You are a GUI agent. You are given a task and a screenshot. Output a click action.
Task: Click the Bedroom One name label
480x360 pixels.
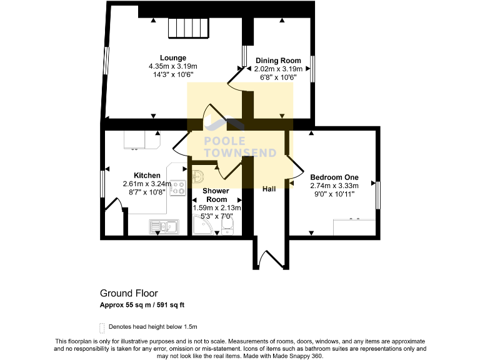click(334, 177)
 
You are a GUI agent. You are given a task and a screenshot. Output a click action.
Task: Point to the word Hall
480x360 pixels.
click(269, 189)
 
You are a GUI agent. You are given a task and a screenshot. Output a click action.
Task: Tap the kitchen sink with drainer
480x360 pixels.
click(164, 226)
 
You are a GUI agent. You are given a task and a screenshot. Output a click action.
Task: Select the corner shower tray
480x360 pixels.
click(204, 226)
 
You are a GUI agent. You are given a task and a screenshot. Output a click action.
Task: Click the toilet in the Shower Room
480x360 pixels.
click(228, 227)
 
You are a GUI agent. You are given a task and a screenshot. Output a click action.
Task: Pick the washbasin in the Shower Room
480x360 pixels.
click(199, 174)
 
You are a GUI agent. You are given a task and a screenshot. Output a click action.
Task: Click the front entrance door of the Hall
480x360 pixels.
click(270, 258)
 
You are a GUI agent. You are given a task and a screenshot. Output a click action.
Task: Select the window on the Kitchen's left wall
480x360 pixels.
click(102, 186)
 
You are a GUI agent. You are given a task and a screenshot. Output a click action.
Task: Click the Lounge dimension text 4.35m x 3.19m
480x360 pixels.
click(173, 66)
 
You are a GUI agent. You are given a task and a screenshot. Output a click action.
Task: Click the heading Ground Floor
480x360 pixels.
click(129, 293)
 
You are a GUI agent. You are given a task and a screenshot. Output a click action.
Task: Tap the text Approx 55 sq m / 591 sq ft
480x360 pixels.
click(142, 306)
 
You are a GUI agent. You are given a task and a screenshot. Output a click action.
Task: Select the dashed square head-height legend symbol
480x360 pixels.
click(102, 327)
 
